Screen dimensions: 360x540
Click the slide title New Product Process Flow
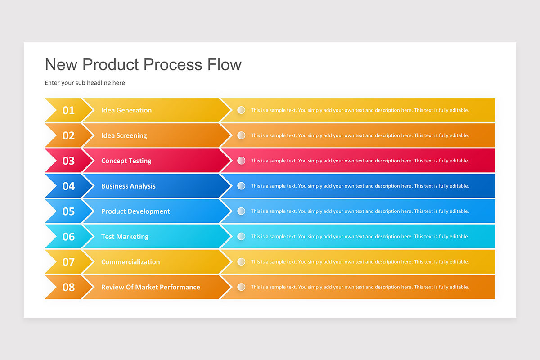[143, 65]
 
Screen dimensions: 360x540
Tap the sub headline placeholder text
[85, 83]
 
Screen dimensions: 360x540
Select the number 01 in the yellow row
[68, 110]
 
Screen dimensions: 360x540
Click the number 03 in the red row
[68, 161]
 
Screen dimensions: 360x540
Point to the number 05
[68, 211]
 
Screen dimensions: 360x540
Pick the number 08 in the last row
[68, 287]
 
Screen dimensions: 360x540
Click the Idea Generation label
[126, 110]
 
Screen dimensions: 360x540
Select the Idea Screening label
[124, 135]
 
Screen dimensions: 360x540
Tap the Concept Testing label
[126, 161]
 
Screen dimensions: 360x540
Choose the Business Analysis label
[128, 186]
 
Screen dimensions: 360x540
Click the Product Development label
[135, 211]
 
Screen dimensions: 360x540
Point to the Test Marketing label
[125, 237]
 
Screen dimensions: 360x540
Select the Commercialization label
[130, 262]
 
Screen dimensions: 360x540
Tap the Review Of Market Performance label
[151, 287]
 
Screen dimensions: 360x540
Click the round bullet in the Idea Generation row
[241, 110]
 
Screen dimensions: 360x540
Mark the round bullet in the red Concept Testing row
[241, 160]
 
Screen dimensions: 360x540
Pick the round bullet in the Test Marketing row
[241, 236]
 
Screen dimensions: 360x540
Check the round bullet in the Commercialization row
[241, 261]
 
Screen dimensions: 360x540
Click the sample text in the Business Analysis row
[360, 186]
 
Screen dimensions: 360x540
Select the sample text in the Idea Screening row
[360, 135]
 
